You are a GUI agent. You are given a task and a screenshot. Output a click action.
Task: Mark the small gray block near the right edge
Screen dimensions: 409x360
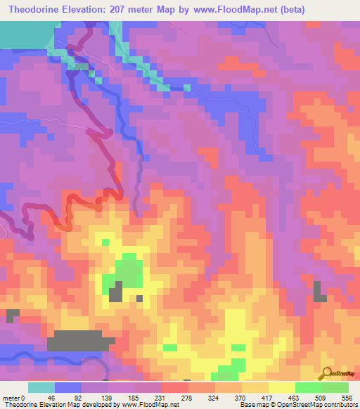[x=320, y=292]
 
